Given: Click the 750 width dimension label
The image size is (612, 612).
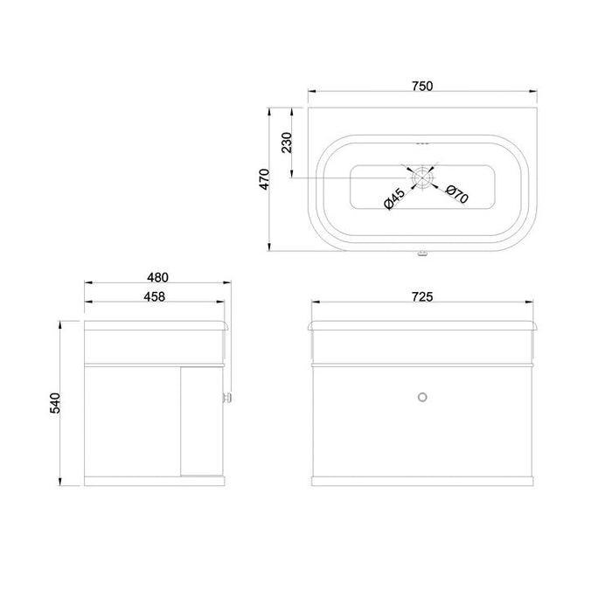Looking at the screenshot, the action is tap(422, 86).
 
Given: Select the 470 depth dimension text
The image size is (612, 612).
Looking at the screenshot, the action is tap(265, 179).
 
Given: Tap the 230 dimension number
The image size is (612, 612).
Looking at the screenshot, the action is tap(287, 143).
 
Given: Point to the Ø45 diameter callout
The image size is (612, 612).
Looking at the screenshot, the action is tap(394, 198).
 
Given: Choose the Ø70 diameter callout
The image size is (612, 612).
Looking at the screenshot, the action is tap(456, 194).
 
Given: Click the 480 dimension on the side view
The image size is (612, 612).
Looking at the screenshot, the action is tap(157, 277).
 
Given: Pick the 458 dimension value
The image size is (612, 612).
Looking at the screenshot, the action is tap(154, 296).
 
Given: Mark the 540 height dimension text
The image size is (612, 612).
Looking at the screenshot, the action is tap(55, 403).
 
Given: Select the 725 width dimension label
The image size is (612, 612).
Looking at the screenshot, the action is tap(422, 297).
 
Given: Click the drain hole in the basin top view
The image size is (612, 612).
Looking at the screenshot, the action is tap(422, 177).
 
